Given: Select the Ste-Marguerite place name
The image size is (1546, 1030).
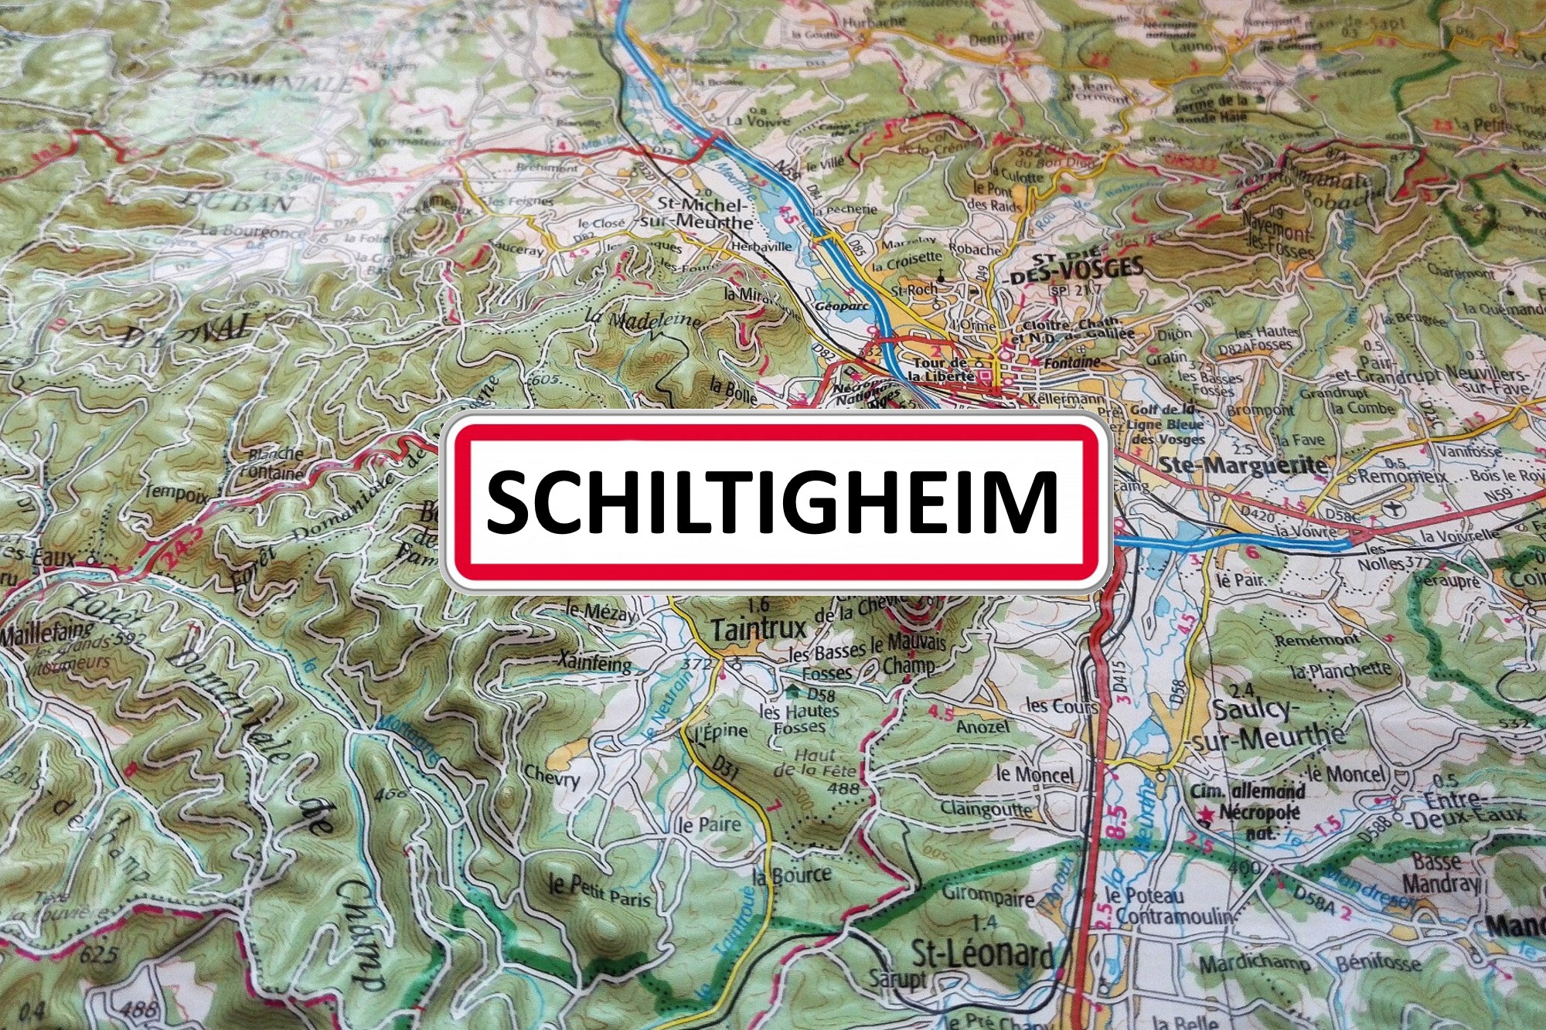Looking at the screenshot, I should (1244, 465).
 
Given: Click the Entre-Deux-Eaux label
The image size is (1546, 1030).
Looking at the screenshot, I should (1473, 807).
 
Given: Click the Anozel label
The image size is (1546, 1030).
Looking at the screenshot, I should (982, 727).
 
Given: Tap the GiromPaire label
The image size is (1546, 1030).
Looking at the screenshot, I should (987, 896).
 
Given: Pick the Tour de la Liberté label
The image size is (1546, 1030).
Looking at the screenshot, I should (942, 369).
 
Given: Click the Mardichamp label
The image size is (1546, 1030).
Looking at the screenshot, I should (1255, 964).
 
